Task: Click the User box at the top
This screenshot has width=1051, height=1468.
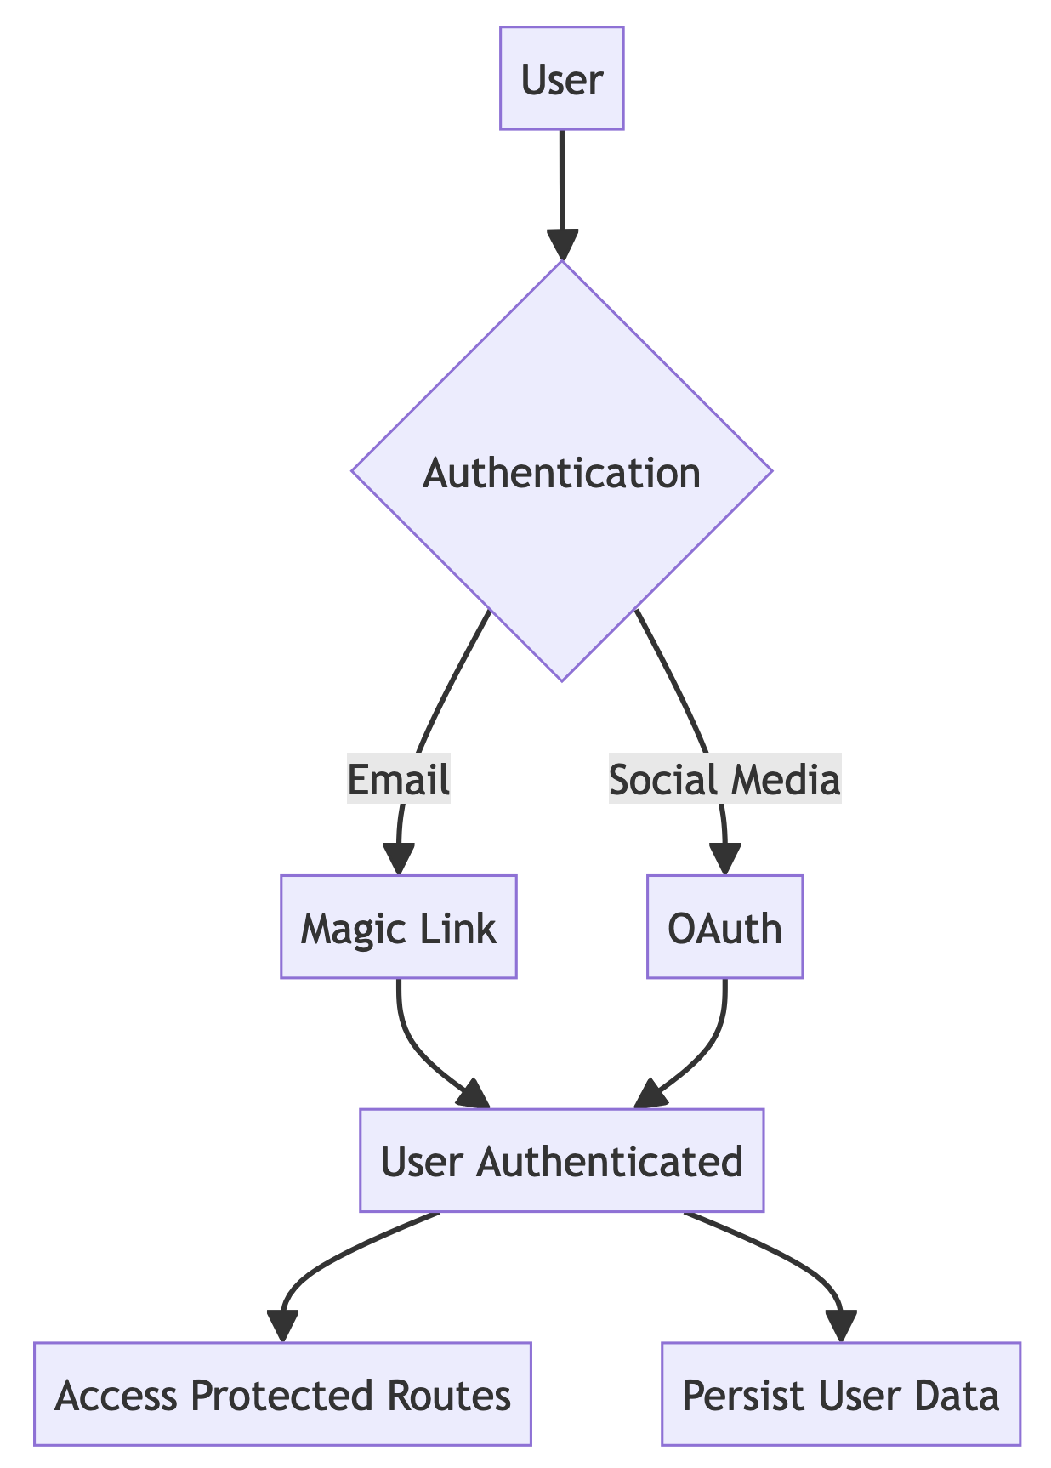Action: click(x=561, y=78)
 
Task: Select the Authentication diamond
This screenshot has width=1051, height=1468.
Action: click(x=561, y=472)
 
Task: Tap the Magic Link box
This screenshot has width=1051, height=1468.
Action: click(x=398, y=927)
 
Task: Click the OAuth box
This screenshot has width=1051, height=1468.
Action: click(x=724, y=927)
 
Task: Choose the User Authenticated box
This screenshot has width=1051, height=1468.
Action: click(x=561, y=1160)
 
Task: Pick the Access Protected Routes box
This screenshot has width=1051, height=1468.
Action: click(x=282, y=1395)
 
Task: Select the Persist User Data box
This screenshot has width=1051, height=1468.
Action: click(x=840, y=1395)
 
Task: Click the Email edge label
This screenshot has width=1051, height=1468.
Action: click(x=398, y=779)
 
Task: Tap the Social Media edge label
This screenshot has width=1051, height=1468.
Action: click(x=724, y=779)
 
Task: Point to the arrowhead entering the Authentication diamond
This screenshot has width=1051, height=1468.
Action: click(x=562, y=246)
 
